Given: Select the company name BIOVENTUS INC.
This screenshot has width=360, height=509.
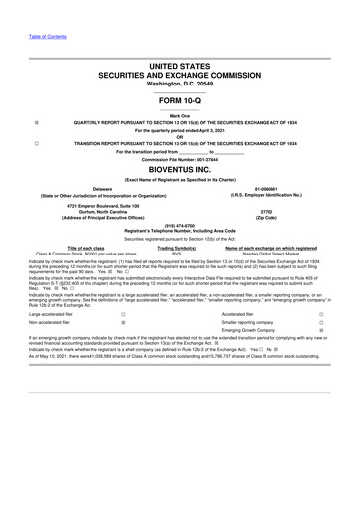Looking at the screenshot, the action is point(179,171).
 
